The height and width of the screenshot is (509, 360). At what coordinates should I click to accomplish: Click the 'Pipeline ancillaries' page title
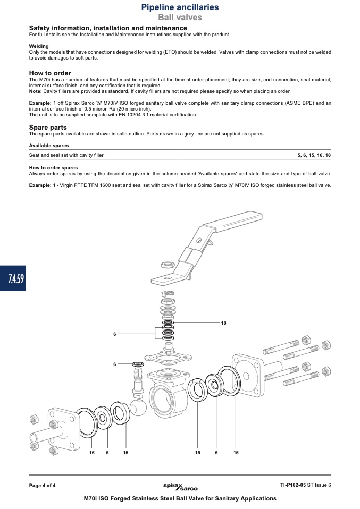coord(180,7)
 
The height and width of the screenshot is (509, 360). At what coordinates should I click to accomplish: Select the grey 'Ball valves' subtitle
coord(180,17)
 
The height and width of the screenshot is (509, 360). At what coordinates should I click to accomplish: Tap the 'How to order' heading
coord(50,73)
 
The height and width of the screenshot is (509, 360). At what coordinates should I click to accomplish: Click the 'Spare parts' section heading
coord(48,128)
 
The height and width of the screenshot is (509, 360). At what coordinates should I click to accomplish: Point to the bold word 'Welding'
coord(39,46)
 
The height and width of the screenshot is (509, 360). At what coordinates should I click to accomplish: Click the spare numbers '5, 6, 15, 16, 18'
coord(314,155)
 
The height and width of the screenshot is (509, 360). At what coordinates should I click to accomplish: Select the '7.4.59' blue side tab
coord(13,278)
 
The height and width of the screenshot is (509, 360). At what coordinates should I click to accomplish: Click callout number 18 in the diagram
coord(223,323)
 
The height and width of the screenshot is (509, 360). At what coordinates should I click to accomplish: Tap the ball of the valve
coord(138,408)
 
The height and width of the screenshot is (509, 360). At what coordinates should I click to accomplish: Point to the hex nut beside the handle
coord(168,265)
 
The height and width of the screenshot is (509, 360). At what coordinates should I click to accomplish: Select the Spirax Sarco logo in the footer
coord(180,487)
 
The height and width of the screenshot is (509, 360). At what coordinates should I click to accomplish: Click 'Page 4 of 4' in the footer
coord(42,486)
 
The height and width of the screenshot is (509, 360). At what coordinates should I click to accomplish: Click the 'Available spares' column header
coord(49,146)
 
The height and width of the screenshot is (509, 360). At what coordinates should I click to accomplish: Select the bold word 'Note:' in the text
coord(36,91)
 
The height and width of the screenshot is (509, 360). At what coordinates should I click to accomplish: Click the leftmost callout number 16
coord(92,453)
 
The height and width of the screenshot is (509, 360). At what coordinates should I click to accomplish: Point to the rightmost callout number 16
coord(236,453)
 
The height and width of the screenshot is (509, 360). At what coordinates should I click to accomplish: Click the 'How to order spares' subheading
coord(53,168)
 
